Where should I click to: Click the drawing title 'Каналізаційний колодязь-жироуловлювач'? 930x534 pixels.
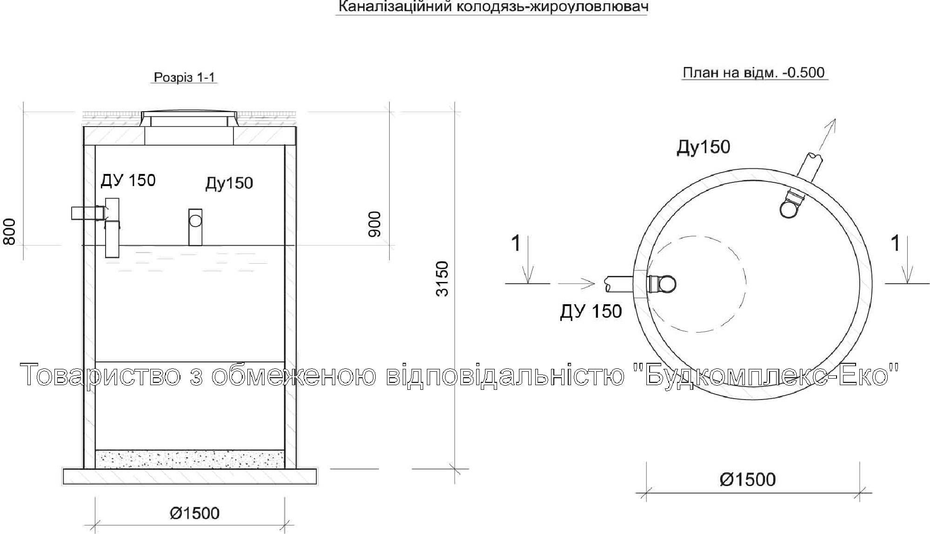click(x=492, y=7)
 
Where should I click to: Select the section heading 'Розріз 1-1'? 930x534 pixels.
click(x=185, y=77)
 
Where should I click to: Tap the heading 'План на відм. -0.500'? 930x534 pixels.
click(x=753, y=73)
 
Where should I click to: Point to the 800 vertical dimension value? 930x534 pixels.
click(x=9, y=232)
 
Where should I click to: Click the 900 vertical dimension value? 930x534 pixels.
click(x=374, y=224)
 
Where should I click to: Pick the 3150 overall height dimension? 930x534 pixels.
click(x=442, y=279)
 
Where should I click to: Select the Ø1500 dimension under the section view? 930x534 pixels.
click(x=194, y=513)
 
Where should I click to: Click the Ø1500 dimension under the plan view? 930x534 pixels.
click(x=748, y=480)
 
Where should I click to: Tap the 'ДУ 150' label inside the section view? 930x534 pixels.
click(x=128, y=180)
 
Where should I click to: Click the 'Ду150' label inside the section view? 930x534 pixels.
click(x=229, y=183)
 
